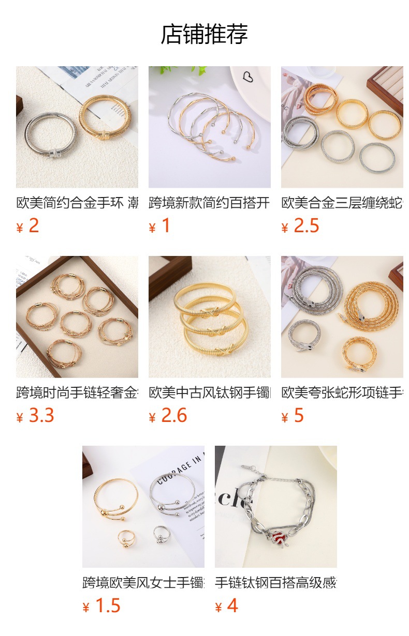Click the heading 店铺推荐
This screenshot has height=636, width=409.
tap(204, 34)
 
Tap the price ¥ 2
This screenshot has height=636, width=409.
tap(28, 226)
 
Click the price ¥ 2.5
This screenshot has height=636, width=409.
tap(300, 226)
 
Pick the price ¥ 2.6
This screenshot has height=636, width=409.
tap(168, 416)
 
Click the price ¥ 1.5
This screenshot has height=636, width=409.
tap(101, 605)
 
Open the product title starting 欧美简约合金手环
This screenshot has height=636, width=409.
tap(77, 203)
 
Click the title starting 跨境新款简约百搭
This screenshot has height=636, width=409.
tap(209, 203)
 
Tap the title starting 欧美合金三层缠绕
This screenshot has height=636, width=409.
tap(342, 203)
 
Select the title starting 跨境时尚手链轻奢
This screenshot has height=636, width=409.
tap(77, 392)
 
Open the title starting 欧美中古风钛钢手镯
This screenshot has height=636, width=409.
tap(209, 392)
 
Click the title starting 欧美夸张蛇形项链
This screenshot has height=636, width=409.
tap(342, 392)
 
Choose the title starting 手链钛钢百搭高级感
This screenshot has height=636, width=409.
tap(275, 583)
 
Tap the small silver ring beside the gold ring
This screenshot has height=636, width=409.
tap(161, 534)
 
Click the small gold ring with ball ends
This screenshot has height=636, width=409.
tap(126, 538)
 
